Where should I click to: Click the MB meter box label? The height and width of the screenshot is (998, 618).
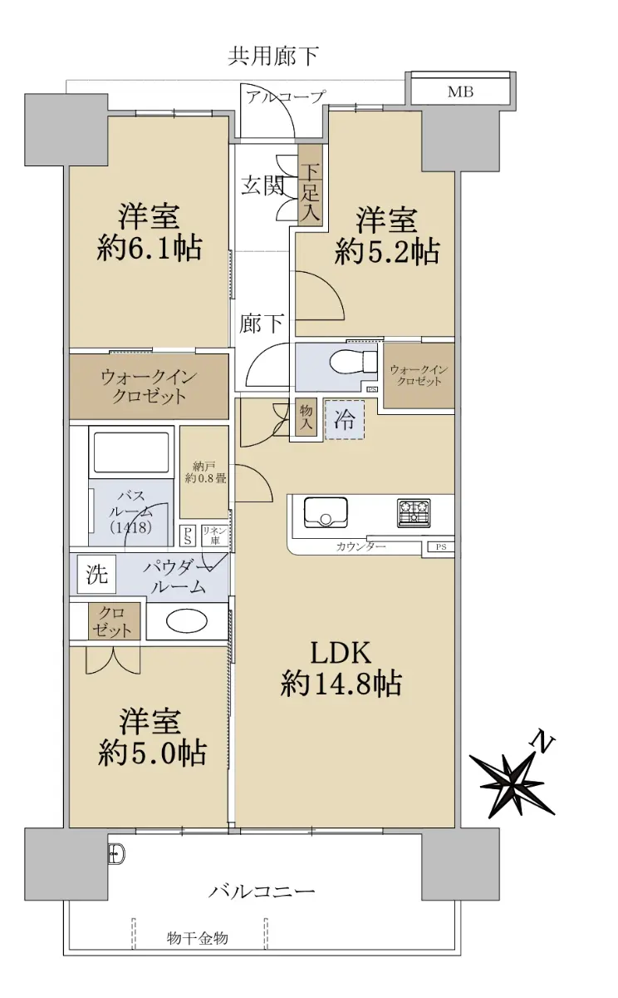[x=460, y=91]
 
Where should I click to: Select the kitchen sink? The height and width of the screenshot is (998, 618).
[x=326, y=512]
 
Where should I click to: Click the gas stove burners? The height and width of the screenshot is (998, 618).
[x=414, y=512]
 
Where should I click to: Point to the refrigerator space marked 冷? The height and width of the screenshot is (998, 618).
[x=345, y=420]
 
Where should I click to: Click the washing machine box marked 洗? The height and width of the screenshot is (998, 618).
[x=96, y=574]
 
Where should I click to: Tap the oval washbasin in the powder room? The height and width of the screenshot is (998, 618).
[x=186, y=621]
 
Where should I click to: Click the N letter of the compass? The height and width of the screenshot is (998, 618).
[x=542, y=742]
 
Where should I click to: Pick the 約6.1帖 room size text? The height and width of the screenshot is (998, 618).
[x=150, y=248]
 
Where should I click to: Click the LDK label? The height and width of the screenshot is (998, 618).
[x=341, y=653]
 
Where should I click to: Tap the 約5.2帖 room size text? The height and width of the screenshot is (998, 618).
[x=386, y=252]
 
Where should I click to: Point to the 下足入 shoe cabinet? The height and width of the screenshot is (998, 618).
[x=310, y=185]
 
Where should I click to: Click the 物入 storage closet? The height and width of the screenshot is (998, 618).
[x=306, y=417]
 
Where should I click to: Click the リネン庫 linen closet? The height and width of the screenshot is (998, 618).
[x=215, y=535]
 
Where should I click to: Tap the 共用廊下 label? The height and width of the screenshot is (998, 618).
[x=272, y=57]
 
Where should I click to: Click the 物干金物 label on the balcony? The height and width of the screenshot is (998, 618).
[x=198, y=938]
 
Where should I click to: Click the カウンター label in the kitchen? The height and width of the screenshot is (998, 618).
[x=360, y=546]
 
